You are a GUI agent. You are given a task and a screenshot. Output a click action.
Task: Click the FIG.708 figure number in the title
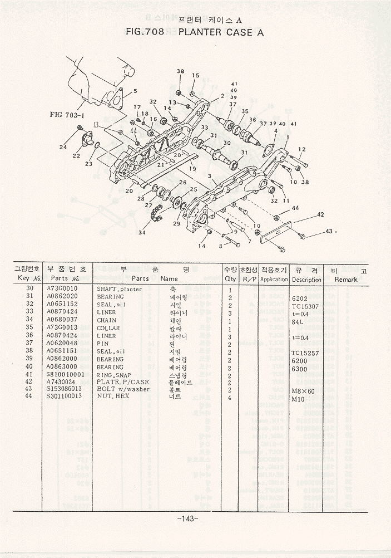point(145,32)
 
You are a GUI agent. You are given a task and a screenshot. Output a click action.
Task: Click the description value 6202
point(300,297)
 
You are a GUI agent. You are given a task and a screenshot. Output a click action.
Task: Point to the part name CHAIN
point(107,320)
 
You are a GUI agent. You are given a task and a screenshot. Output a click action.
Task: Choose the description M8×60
point(303,391)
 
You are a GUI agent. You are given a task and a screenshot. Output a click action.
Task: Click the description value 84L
point(298,321)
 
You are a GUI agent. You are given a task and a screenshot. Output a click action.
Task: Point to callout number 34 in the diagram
point(142,233)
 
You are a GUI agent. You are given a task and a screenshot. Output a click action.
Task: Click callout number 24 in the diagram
point(63,147)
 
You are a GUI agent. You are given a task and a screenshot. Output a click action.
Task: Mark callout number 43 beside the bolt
point(329,231)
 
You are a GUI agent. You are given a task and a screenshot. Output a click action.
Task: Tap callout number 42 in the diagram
point(320,214)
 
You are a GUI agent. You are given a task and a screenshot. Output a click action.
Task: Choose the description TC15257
point(305,353)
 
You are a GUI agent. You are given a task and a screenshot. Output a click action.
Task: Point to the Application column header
point(274,280)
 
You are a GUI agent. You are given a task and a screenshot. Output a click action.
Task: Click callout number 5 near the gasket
point(135,91)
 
